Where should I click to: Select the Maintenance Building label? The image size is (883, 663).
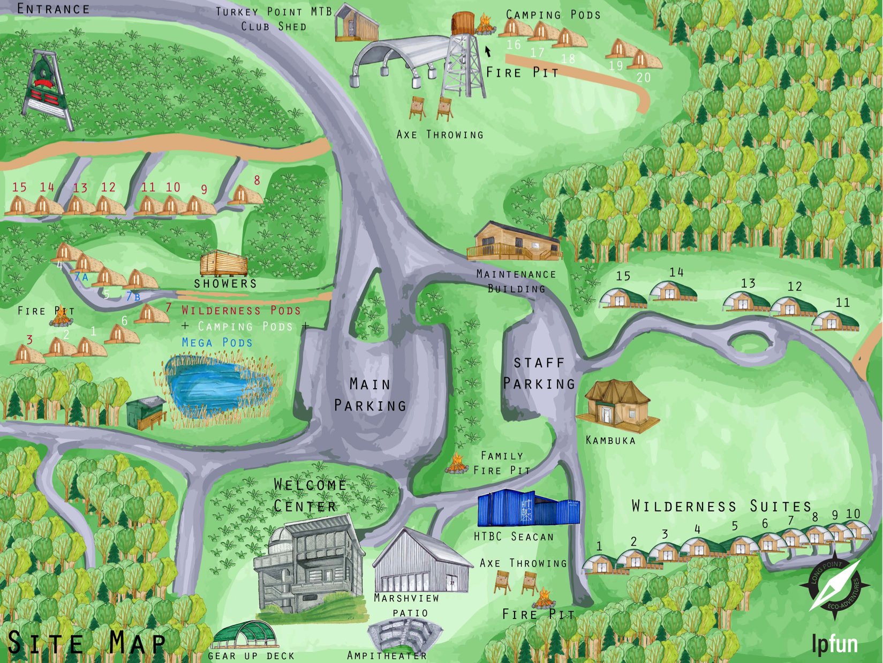pos(516,281)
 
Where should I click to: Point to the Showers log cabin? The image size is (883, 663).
pos(224,263)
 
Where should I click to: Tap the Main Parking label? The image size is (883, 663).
pos(370,395)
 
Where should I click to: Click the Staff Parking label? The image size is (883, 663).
pos(539,374)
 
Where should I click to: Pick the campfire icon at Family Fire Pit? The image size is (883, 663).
pos(457,463)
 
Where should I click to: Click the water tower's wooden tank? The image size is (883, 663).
pos(464,22)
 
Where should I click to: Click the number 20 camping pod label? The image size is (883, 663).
pos(643,78)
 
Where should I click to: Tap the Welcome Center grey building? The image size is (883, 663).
pos(308,568)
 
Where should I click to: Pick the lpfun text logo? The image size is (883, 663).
pos(834,644)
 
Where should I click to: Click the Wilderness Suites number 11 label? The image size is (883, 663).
pos(842,303)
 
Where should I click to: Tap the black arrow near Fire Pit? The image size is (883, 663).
pos(487,51)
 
